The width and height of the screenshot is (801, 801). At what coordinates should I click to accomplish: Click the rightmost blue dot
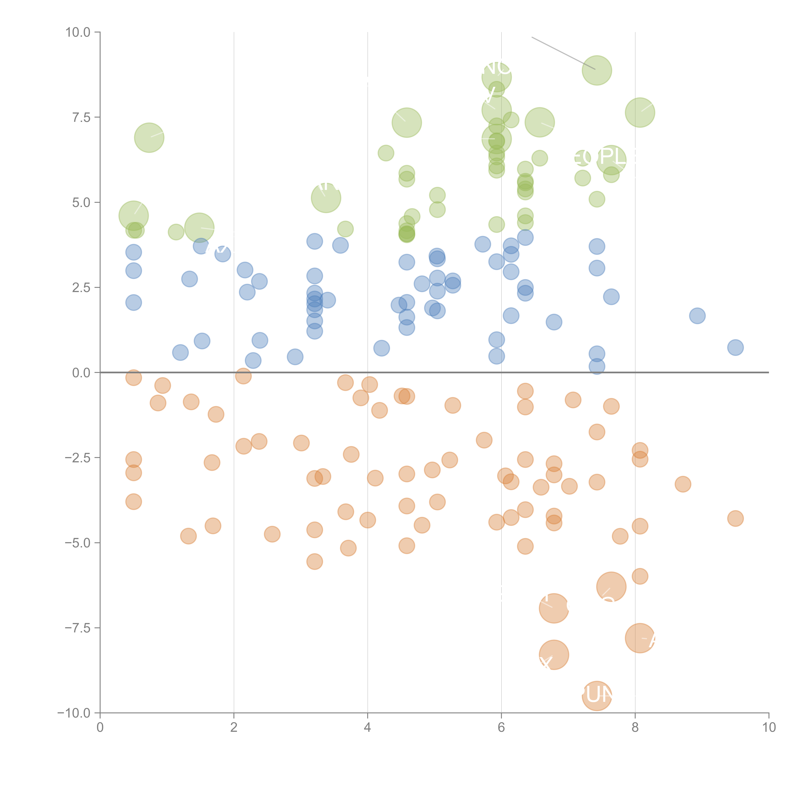click(735, 347)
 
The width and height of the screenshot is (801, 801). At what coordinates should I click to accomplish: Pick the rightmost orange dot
click(735, 518)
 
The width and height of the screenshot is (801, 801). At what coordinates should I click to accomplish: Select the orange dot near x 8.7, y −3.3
click(682, 484)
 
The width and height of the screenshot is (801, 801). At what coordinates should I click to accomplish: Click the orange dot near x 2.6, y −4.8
click(272, 534)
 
